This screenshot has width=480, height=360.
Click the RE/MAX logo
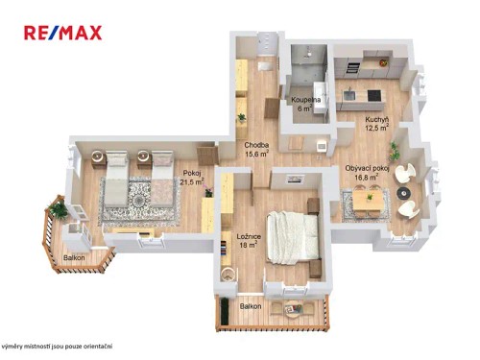pyautogui.click(x=63, y=35)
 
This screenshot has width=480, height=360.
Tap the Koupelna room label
pyautogui.click(x=305, y=104)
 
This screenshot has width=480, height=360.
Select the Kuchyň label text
pyautogui.click(x=375, y=124)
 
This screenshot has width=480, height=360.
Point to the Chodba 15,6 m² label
pyautogui.click(x=256, y=148)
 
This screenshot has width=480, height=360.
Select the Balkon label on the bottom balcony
pyautogui.click(x=251, y=306)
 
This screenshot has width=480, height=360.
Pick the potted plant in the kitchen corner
pyautogui.click(x=394, y=150)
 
